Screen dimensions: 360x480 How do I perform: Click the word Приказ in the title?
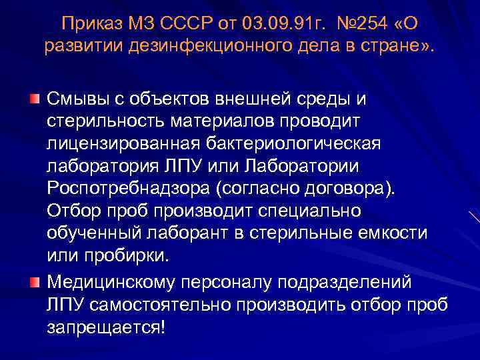tap(89, 24)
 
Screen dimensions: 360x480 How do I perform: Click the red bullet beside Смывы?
tap(34, 99)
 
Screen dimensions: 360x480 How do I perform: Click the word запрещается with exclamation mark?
tap(103, 327)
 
